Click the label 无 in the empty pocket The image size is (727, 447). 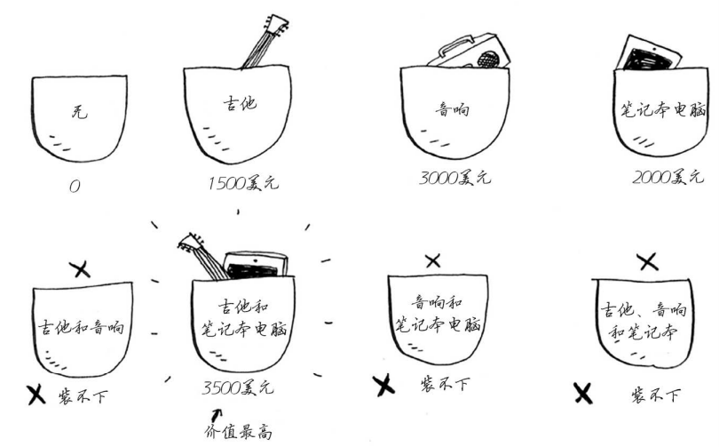pos(79,111)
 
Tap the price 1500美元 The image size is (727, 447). pos(243,183)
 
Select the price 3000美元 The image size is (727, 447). pos(454,178)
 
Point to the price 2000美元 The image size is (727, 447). pos(668,177)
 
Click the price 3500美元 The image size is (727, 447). pos(238,387)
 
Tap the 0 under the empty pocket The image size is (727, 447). pos(75,186)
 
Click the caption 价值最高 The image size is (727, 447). pos(238,432)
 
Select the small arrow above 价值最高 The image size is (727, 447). pos(216,415)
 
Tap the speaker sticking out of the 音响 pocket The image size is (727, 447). pos(470,51)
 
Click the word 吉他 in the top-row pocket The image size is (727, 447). pos(240,103)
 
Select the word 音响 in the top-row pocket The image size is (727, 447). pos(452,109)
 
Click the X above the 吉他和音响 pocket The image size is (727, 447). pos(80,269)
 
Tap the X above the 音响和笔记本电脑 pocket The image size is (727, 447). pos(432,261)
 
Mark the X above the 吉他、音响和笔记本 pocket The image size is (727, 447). pos(648,262)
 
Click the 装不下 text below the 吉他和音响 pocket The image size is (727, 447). pos(83,397)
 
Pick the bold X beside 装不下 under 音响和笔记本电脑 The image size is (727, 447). pos(383,386)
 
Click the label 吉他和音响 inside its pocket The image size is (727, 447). pos(82,327)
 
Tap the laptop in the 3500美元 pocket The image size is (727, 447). pos(256,266)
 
